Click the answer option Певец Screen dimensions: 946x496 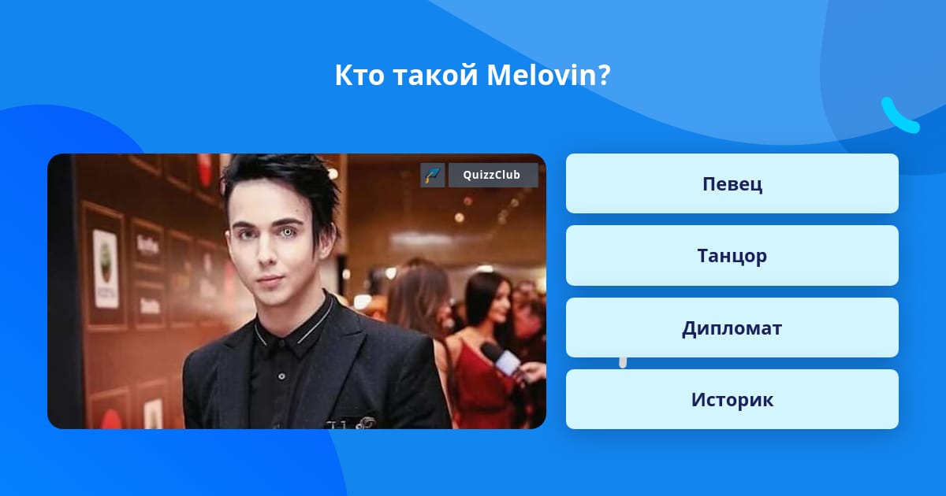click(732, 183)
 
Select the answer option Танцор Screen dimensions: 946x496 click(732, 256)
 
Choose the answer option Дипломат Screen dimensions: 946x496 click(732, 328)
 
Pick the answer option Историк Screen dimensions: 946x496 click(732, 399)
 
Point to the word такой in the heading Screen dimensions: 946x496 click(435, 76)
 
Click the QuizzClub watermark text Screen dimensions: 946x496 click(491, 175)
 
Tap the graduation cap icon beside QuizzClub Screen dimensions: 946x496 click(433, 175)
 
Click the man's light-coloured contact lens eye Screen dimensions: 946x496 click(287, 232)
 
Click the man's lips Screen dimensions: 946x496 click(270, 280)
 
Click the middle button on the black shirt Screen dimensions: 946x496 click(281, 376)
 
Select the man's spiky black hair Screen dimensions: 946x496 click(281, 186)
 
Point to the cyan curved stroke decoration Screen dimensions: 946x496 click(899, 117)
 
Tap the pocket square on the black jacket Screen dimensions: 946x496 click(350, 422)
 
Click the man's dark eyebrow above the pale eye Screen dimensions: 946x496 click(288, 221)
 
